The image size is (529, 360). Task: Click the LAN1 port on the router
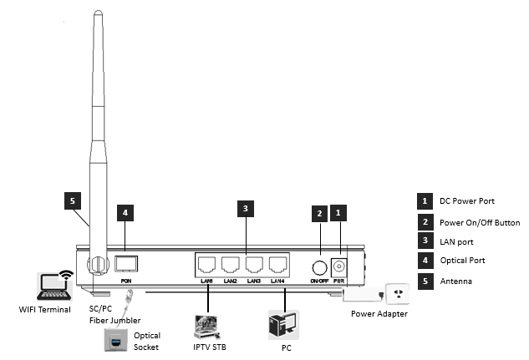(x=207, y=264)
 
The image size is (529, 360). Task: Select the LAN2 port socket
(x=231, y=264)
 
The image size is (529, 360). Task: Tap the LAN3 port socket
(x=255, y=264)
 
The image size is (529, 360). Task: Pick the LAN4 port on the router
(x=278, y=264)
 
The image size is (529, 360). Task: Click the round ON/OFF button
(x=319, y=267)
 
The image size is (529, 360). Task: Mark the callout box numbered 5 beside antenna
(x=73, y=201)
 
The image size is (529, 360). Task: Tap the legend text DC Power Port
(x=470, y=201)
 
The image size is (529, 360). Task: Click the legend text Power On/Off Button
(x=480, y=222)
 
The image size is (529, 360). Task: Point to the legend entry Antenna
(x=456, y=281)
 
